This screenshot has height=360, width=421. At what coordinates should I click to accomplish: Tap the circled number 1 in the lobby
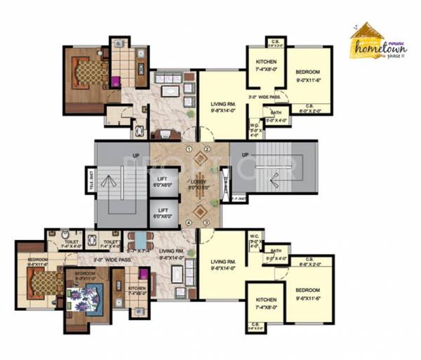189,149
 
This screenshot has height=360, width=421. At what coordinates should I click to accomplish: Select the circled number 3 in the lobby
206,222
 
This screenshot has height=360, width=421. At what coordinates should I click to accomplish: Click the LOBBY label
198,184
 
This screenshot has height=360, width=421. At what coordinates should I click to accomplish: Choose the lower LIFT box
163,213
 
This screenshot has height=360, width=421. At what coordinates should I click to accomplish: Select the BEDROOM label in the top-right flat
308,75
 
